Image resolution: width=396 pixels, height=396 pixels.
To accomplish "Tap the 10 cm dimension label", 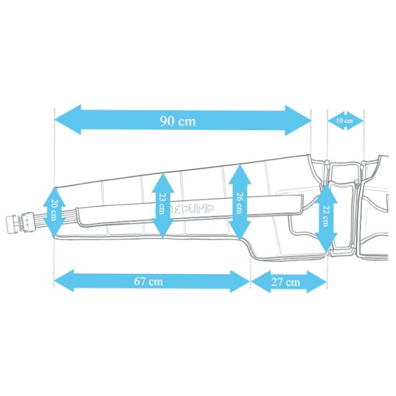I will coord(345,120).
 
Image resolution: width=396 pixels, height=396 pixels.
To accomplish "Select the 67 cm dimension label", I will coord(152,281).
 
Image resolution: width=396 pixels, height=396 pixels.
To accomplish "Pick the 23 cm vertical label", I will coord(162,205).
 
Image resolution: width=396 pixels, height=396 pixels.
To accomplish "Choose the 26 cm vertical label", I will coord(240,201).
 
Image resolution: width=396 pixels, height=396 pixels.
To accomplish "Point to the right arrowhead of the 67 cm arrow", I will coord(241,281).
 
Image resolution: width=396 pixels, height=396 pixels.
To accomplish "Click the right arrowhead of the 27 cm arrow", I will coord(320,281).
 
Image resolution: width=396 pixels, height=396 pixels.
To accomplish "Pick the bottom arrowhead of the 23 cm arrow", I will coord(162,231).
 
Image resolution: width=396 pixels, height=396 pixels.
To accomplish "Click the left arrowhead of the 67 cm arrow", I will coord(63,281).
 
